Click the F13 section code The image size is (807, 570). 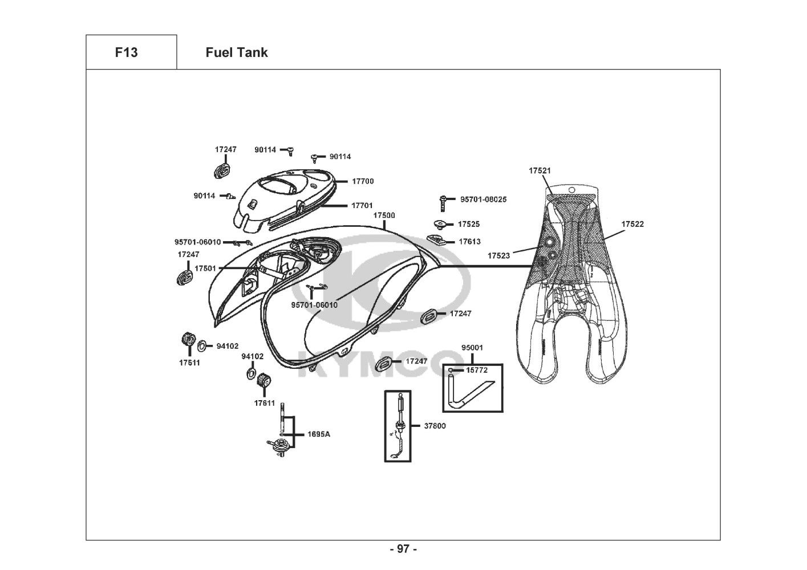pyautogui.click(x=126, y=52)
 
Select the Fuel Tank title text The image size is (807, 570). pyautogui.click(x=236, y=52)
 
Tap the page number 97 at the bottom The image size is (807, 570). pyautogui.click(x=403, y=549)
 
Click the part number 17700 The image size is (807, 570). pyautogui.click(x=363, y=181)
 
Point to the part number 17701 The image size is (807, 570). pyautogui.click(x=362, y=205)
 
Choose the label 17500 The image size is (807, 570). pyautogui.click(x=384, y=215)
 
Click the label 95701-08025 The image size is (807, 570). pyautogui.click(x=483, y=199)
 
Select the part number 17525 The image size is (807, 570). pyautogui.click(x=469, y=224)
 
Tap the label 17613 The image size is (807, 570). pyautogui.click(x=469, y=242)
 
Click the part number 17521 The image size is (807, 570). pyautogui.click(x=540, y=170)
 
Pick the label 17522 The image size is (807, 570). pyautogui.click(x=632, y=224)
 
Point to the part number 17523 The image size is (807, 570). pyautogui.click(x=498, y=256)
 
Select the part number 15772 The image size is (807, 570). pyautogui.click(x=477, y=370)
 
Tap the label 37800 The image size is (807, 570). pyautogui.click(x=435, y=426)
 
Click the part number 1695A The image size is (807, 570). pyautogui.click(x=319, y=434)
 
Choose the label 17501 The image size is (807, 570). pyautogui.click(x=205, y=268)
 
